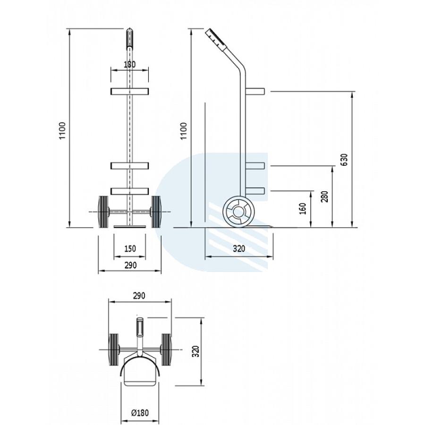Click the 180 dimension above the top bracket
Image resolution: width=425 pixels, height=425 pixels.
129,65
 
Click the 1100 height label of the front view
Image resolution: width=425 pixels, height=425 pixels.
62,131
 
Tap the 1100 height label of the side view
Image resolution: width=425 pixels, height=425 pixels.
184,131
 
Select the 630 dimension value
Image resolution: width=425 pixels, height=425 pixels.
344,160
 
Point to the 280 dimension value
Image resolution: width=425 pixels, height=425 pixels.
324,196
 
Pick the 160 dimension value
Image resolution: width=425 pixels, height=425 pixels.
303,209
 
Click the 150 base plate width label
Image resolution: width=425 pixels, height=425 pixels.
130,248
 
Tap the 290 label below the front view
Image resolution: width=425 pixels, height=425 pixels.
130,265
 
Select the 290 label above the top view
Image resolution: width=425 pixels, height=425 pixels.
139,296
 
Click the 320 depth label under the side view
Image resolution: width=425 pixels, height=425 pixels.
239,248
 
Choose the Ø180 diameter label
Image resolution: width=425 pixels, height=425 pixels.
140,413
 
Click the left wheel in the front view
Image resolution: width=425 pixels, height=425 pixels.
103,212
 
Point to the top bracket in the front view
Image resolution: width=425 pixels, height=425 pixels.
129,91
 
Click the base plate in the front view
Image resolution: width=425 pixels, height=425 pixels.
130,226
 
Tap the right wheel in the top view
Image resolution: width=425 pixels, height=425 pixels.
166,349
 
